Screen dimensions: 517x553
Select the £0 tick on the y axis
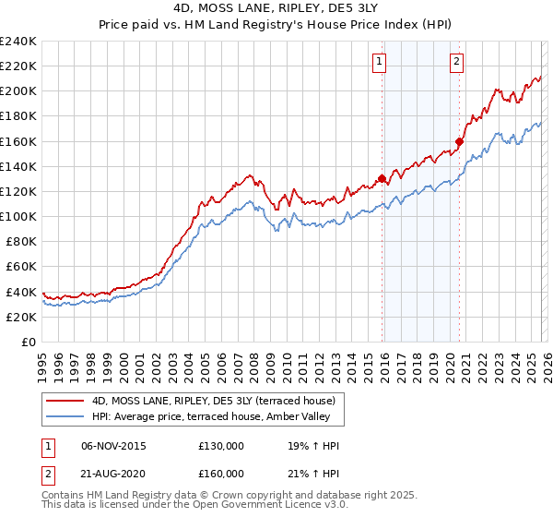[29, 342]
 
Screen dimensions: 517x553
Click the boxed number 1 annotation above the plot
[380, 62]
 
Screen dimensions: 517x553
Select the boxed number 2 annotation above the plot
[457, 62]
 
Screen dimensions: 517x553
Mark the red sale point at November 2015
[382, 179]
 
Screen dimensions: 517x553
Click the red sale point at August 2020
[459, 141]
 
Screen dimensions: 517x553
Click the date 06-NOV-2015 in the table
[113, 446]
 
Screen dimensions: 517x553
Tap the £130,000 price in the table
[221, 446]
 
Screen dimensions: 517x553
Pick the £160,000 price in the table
[221, 474]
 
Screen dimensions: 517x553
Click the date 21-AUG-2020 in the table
[113, 474]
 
